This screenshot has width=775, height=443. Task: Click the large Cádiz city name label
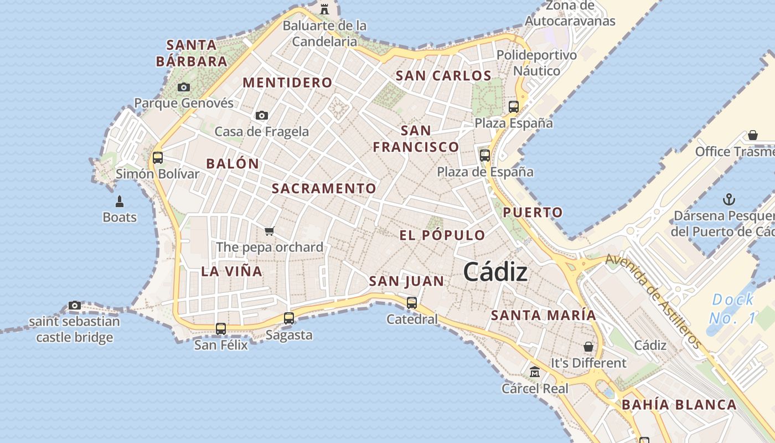(495, 272)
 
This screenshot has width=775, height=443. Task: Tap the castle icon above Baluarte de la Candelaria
(324, 9)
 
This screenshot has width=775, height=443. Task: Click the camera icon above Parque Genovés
(184, 87)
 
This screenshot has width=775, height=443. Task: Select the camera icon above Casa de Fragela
(262, 115)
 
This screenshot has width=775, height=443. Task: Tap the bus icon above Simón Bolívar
(158, 157)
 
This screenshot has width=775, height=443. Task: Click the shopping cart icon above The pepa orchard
(270, 230)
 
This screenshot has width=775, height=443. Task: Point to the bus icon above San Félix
(221, 328)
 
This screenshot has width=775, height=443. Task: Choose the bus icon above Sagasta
(289, 318)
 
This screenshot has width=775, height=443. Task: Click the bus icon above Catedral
(412, 303)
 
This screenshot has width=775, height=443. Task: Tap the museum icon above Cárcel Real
(535, 372)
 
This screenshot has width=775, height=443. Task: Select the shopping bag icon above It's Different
(588, 347)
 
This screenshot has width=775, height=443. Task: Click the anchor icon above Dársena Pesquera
(730, 199)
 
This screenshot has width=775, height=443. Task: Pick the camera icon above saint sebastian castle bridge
(75, 305)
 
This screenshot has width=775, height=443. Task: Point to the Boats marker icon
(119, 201)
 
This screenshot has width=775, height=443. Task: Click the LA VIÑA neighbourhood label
(231, 271)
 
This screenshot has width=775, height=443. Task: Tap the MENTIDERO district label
(287, 83)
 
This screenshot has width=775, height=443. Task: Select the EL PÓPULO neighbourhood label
(442, 235)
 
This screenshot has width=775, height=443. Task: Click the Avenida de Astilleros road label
(653, 300)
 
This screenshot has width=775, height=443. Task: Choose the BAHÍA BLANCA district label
(679, 405)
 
